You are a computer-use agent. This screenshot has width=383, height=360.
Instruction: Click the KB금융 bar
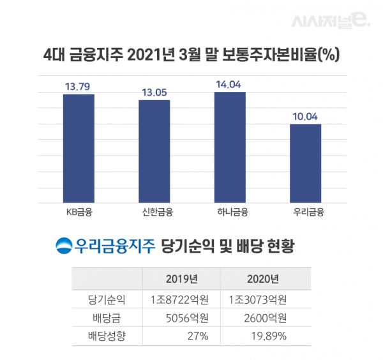pyautogui.click(x=79, y=149)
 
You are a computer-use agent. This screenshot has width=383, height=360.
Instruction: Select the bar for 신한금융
pyautogui.click(x=154, y=152)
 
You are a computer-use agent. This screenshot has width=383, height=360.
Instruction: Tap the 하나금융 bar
pyautogui.click(x=229, y=147)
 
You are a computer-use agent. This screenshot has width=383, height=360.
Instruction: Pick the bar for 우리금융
pyautogui.click(x=305, y=163)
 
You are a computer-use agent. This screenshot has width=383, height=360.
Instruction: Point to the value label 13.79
pyautogui.click(x=79, y=86)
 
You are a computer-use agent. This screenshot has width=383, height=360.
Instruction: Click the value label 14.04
pyautogui.click(x=229, y=83)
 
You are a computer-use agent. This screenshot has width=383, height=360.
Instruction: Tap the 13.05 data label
pyautogui.click(x=154, y=92)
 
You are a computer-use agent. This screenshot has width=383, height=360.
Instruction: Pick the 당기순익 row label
pyautogui.click(x=107, y=299)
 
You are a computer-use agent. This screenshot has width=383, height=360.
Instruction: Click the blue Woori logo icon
pyautogui.click(x=64, y=245)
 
